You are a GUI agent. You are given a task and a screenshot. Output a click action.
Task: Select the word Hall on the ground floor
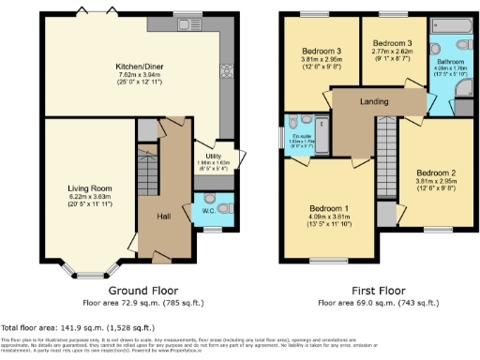[x=164, y=217]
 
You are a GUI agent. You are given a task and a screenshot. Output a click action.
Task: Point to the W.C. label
[x=209, y=210]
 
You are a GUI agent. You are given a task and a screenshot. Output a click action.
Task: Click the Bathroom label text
[x=446, y=58]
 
